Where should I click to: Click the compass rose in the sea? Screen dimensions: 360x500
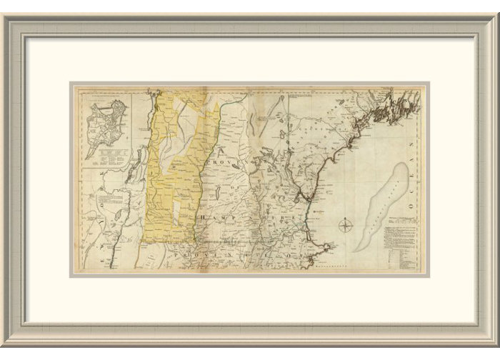pyautogui.click(x=345, y=228)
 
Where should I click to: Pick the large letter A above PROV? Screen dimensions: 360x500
pyautogui.click(x=223, y=151)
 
